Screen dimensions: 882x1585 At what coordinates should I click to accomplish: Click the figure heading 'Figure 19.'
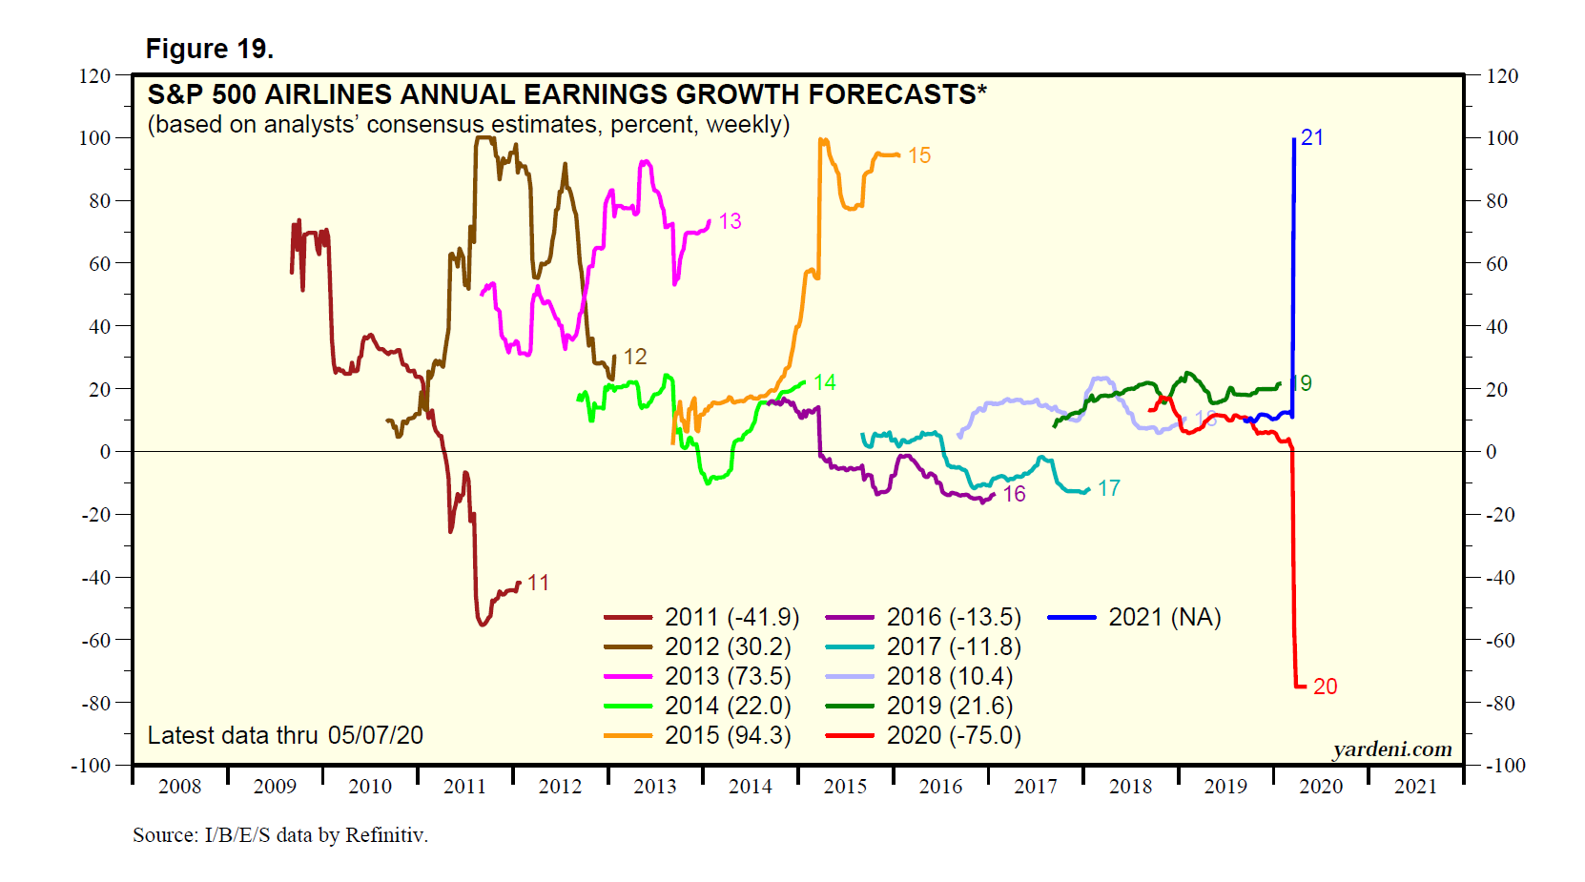point(209,49)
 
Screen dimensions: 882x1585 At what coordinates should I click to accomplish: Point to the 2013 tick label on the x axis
point(655,787)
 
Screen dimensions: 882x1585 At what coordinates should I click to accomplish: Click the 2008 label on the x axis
point(179,787)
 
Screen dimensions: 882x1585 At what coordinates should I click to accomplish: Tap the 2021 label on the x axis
point(1415,787)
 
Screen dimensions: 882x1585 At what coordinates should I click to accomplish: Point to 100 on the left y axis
point(94,138)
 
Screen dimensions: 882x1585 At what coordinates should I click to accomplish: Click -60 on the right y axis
point(1501,640)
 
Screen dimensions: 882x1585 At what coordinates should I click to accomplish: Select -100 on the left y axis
point(91,766)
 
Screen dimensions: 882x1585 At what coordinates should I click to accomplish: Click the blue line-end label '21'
point(1312,137)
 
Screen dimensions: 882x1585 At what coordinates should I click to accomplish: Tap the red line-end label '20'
point(1325,687)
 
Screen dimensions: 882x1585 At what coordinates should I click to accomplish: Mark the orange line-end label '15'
point(919,155)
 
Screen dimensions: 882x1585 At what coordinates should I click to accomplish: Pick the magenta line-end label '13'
point(730,221)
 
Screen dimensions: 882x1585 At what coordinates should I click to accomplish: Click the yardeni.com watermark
point(1392,749)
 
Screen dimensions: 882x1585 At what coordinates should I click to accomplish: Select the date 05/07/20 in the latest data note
point(376,735)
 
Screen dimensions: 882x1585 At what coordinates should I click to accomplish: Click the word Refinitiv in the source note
point(385,835)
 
